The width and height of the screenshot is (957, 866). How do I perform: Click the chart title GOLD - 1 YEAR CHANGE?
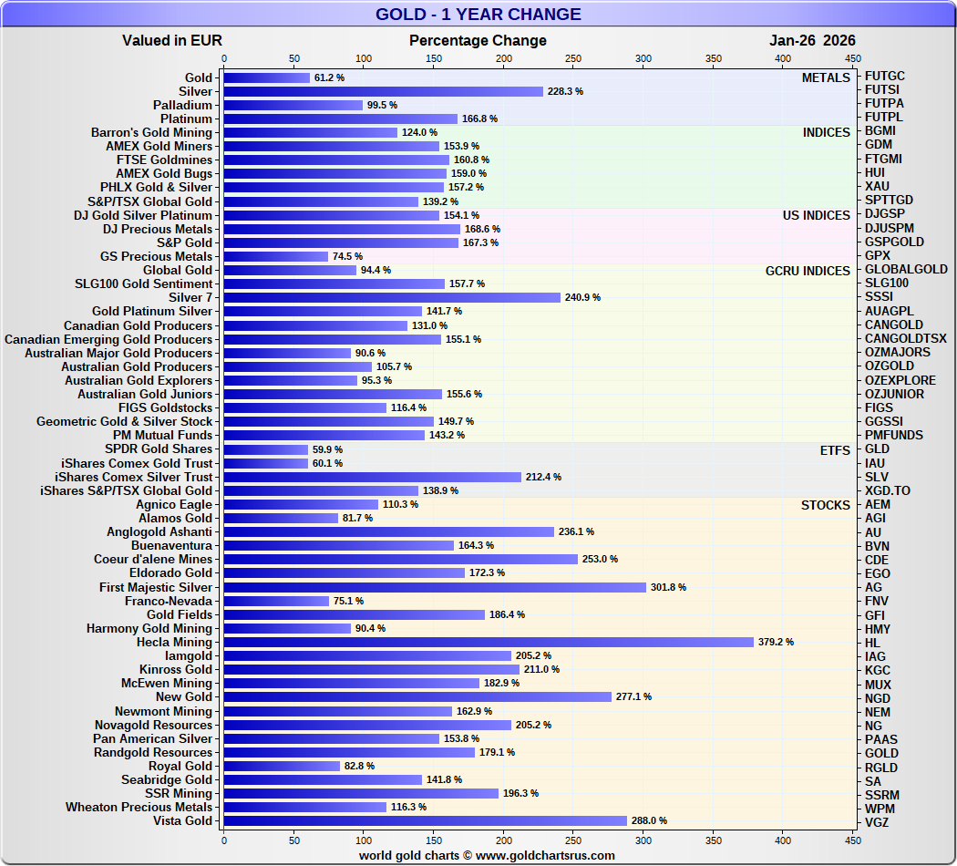[x=478, y=15]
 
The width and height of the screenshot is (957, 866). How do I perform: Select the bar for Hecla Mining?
[x=489, y=643]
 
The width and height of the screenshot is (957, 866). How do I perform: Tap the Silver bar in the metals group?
[x=383, y=91]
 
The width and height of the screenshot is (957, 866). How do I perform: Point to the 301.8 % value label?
[x=668, y=588]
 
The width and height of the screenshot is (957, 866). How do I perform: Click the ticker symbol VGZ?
[x=878, y=822]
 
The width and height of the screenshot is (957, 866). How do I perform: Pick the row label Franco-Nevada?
[x=169, y=602]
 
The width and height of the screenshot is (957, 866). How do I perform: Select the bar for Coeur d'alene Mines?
[x=400, y=560]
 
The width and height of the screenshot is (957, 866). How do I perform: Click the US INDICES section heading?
[x=816, y=216]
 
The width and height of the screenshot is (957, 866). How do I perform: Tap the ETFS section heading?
[x=835, y=450]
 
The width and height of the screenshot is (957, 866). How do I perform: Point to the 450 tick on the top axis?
[x=852, y=58]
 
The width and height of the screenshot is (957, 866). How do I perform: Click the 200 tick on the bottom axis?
[x=504, y=840]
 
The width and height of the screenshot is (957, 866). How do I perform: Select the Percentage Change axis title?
[x=478, y=40]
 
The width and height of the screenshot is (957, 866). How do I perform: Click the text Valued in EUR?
[x=172, y=40]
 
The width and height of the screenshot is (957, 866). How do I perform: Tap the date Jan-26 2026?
[x=812, y=40]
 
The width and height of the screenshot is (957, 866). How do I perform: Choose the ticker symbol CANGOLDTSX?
[x=906, y=339]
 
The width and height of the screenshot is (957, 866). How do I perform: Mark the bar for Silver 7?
[x=392, y=298]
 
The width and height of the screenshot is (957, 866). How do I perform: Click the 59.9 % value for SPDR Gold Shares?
[x=328, y=449]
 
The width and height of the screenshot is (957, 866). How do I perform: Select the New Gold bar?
[x=417, y=697]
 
